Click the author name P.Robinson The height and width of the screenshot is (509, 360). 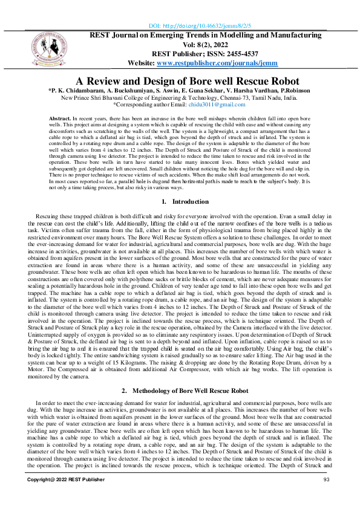pyautogui.click(x=293, y=90)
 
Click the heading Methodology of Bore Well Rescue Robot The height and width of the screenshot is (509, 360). pyautogui.click(x=192, y=374)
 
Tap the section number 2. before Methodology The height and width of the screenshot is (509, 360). pyautogui.click(x=124, y=374)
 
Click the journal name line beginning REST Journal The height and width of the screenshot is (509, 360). pyautogui.click(x=206, y=36)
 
